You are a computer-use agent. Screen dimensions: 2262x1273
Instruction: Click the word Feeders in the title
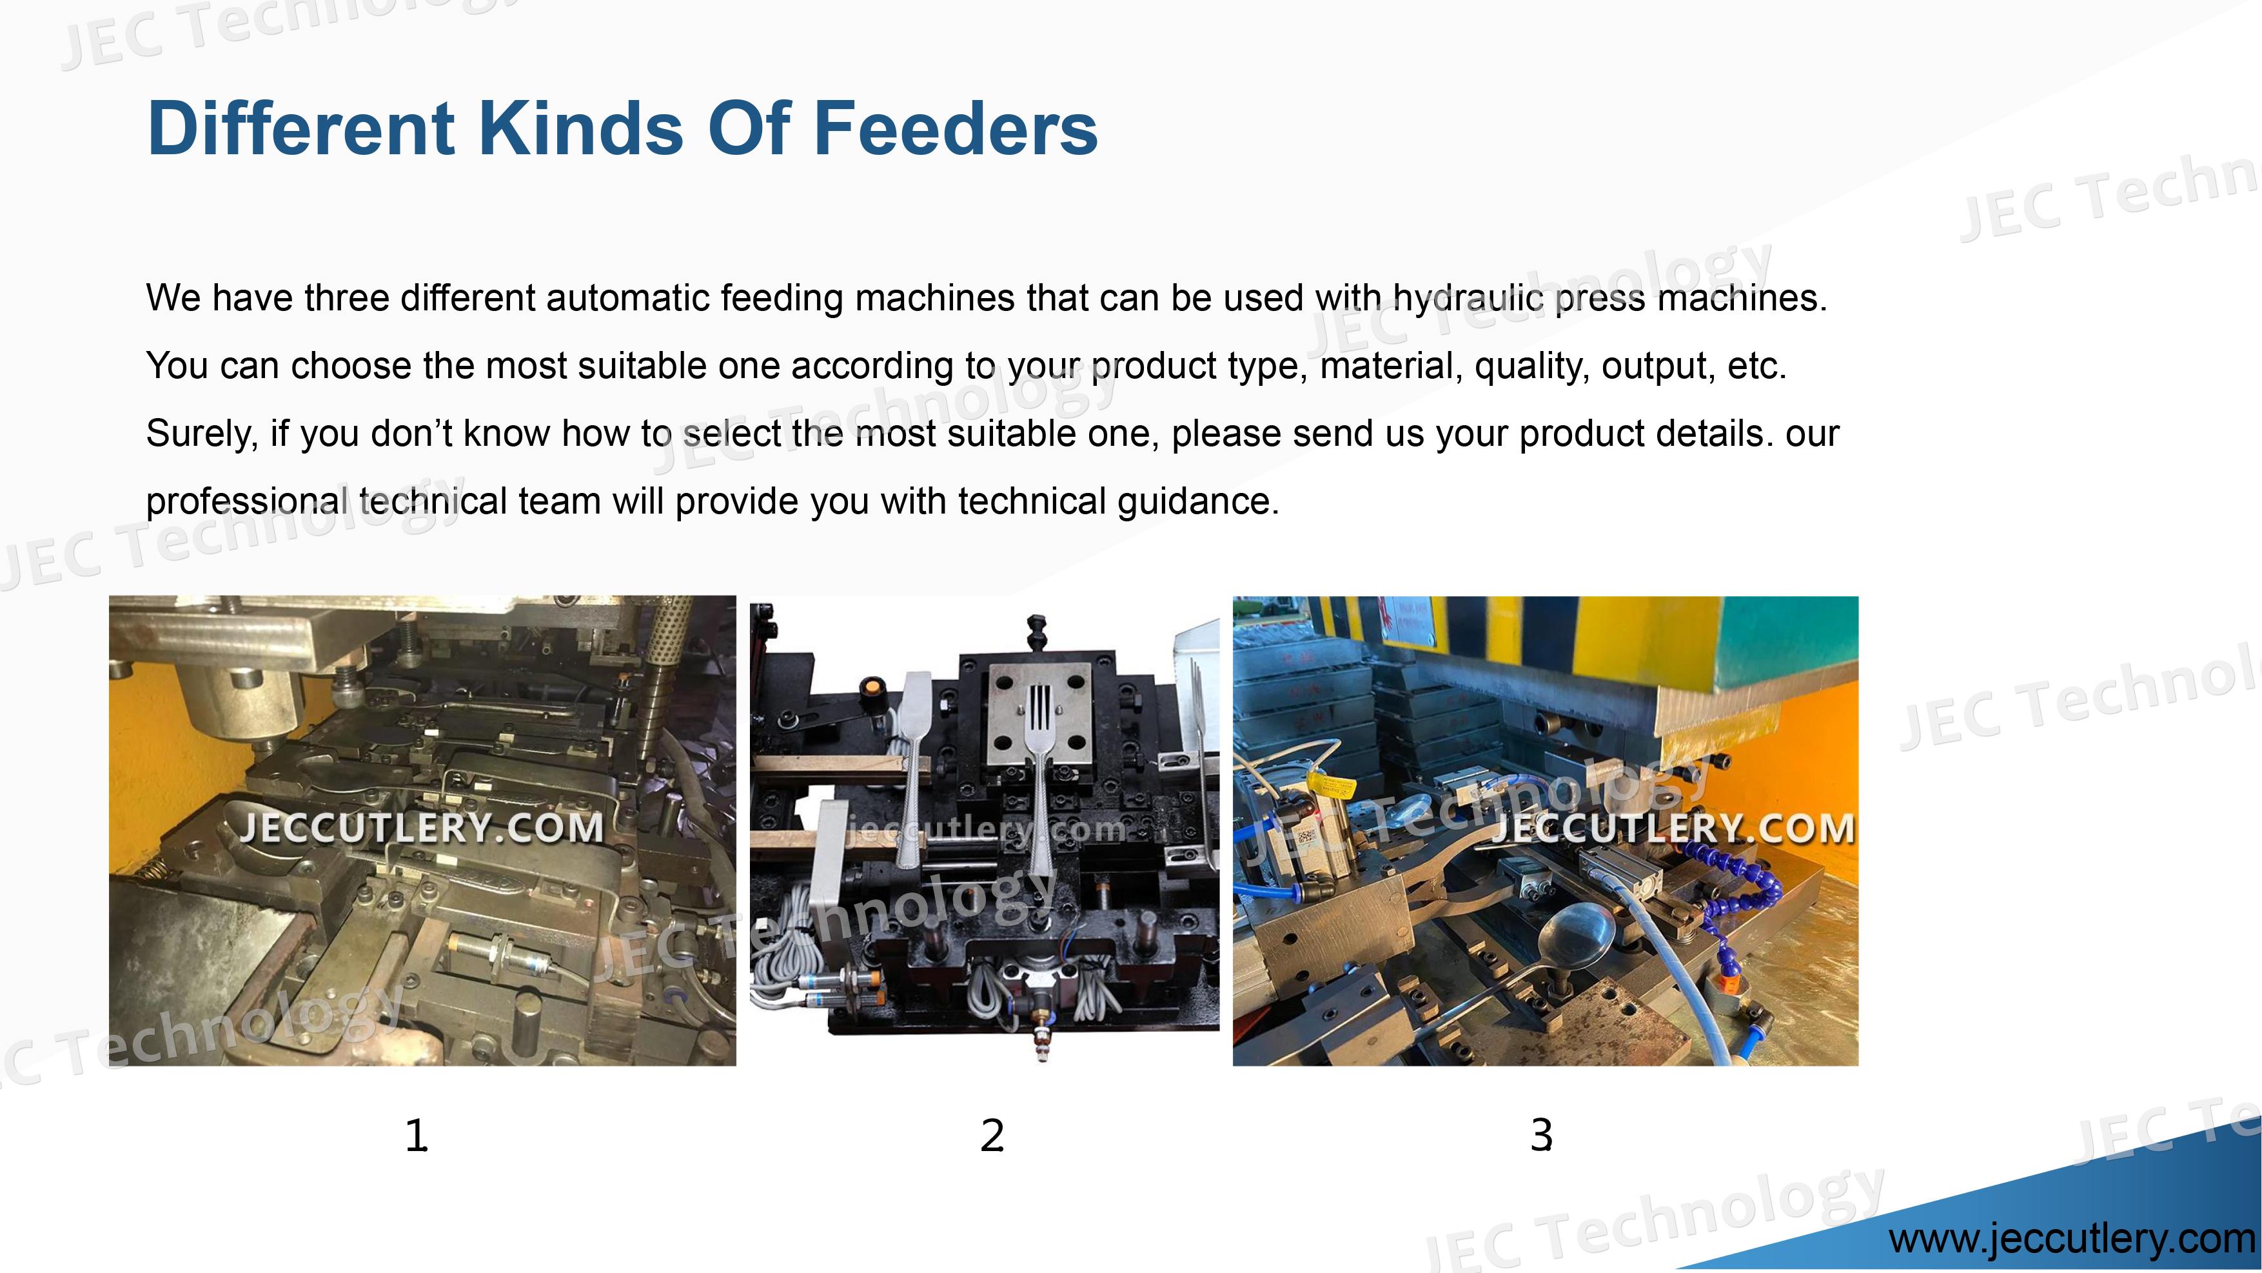[x=956, y=128]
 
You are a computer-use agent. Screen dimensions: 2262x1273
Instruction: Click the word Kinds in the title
[x=580, y=128]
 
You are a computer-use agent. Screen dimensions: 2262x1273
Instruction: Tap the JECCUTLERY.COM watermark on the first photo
[x=422, y=828]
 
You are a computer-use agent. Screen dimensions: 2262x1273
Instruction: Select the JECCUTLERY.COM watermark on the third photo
[x=1672, y=828]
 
